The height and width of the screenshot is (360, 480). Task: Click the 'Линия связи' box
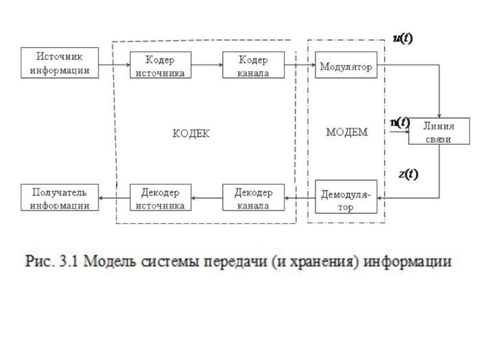439,131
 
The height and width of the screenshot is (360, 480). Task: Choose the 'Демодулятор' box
346,199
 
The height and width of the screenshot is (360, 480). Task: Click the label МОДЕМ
346,132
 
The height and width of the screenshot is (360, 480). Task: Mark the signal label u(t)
403,38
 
